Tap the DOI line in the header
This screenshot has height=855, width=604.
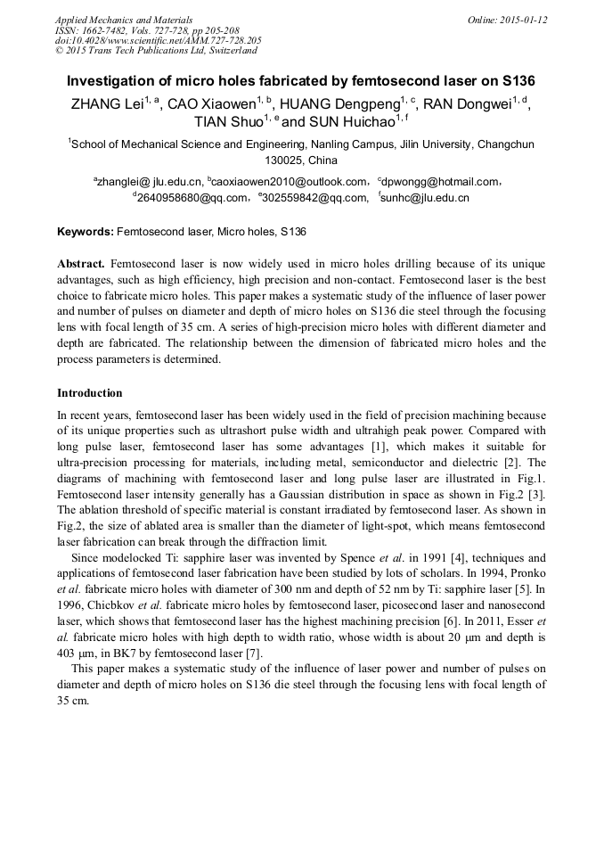158,41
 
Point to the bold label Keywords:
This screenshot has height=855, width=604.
86,232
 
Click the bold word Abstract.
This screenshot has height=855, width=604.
81,266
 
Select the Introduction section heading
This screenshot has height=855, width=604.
90,393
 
